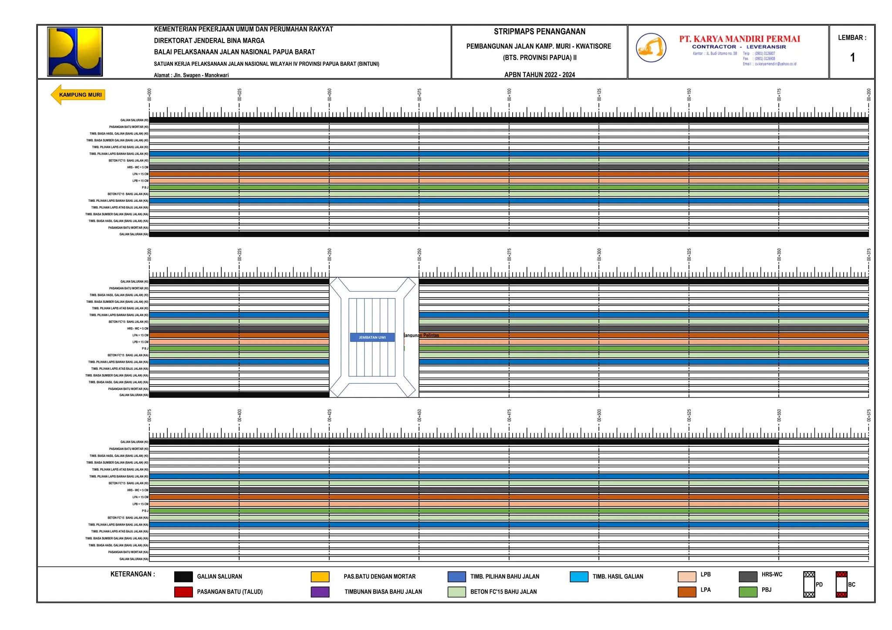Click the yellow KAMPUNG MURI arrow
(x=78, y=95)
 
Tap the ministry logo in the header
(x=75, y=52)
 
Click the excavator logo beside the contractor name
(x=651, y=47)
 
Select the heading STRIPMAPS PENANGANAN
(x=539, y=32)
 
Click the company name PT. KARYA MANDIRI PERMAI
(x=740, y=39)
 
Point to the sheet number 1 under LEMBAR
(x=852, y=57)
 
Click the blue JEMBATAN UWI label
(x=372, y=337)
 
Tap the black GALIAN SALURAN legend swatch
(x=183, y=576)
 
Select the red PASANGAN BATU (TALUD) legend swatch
(x=183, y=592)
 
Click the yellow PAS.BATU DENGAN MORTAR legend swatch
(x=320, y=576)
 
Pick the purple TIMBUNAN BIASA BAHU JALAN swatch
(x=320, y=592)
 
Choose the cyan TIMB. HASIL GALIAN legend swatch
(x=579, y=576)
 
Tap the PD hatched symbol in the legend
(x=809, y=584)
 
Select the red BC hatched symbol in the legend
(x=841, y=584)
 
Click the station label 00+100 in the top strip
(x=509, y=95)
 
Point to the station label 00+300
(x=599, y=255)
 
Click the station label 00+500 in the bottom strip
(x=599, y=416)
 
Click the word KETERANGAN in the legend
(x=132, y=574)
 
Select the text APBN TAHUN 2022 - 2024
(x=539, y=75)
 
